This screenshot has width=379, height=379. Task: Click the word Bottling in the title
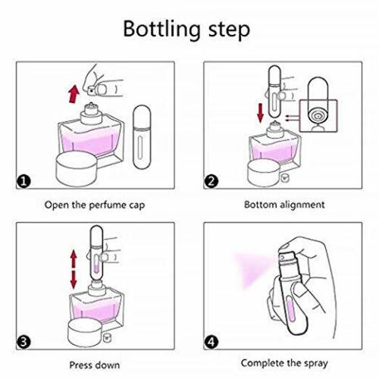pyautogui.click(x=161, y=30)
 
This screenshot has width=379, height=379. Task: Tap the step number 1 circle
pyautogui.click(x=23, y=181)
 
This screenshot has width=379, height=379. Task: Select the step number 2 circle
pyautogui.click(x=211, y=181)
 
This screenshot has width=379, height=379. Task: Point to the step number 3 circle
pyautogui.click(x=23, y=342)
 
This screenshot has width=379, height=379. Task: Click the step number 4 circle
pyautogui.click(x=211, y=342)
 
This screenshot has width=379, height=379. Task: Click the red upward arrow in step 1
pyautogui.click(x=74, y=94)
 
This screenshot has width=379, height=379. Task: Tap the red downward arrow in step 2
pyautogui.click(x=260, y=113)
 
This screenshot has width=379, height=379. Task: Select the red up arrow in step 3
pyautogui.click(x=74, y=259)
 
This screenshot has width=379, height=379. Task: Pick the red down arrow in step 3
pyautogui.click(x=74, y=280)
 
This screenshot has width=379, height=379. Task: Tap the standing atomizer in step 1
pyautogui.click(x=142, y=136)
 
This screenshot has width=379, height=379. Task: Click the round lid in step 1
pyautogui.click(x=77, y=168)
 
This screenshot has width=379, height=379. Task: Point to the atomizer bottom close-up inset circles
pyautogui.click(x=318, y=116)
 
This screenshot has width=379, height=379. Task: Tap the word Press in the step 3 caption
pyautogui.click(x=79, y=365)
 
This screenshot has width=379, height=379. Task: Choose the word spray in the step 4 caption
pyautogui.click(x=315, y=364)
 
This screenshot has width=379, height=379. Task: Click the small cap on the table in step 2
pyautogui.click(x=285, y=177)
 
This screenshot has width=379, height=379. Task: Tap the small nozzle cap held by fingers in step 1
pyautogui.click(x=91, y=89)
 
